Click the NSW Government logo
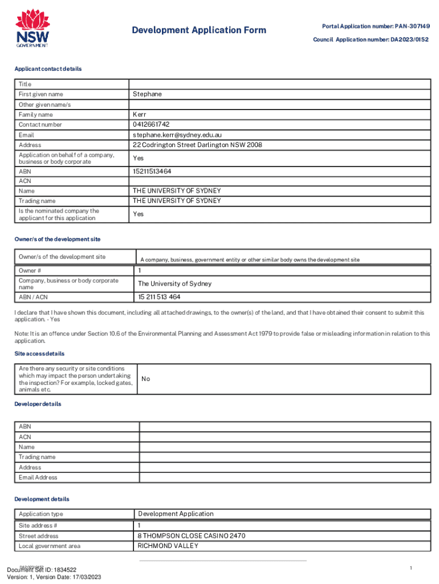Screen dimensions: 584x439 (32, 29)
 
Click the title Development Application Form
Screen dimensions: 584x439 (198, 30)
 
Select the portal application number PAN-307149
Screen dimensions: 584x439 (410, 26)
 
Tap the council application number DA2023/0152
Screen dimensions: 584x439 (409, 39)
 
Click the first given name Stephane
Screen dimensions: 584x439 (147, 94)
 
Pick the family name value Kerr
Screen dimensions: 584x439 (140, 115)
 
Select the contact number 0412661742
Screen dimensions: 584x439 (151, 124)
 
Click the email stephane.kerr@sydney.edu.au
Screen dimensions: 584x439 (177, 135)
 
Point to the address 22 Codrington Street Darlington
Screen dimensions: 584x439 (197, 145)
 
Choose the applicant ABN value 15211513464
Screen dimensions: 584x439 (152, 171)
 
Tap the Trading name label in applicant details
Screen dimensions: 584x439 (37, 201)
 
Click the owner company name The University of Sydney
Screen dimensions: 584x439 (174, 283)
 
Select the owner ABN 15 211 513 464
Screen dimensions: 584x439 (159, 297)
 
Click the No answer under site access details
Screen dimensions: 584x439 (145, 379)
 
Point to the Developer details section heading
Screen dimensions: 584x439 (38, 404)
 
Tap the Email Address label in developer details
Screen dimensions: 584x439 (38, 477)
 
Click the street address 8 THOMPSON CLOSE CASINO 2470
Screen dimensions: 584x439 (192, 536)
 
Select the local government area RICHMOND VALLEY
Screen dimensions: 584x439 (168, 546)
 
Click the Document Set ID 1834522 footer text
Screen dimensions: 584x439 (41, 569)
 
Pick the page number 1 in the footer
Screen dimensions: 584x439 (410, 568)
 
